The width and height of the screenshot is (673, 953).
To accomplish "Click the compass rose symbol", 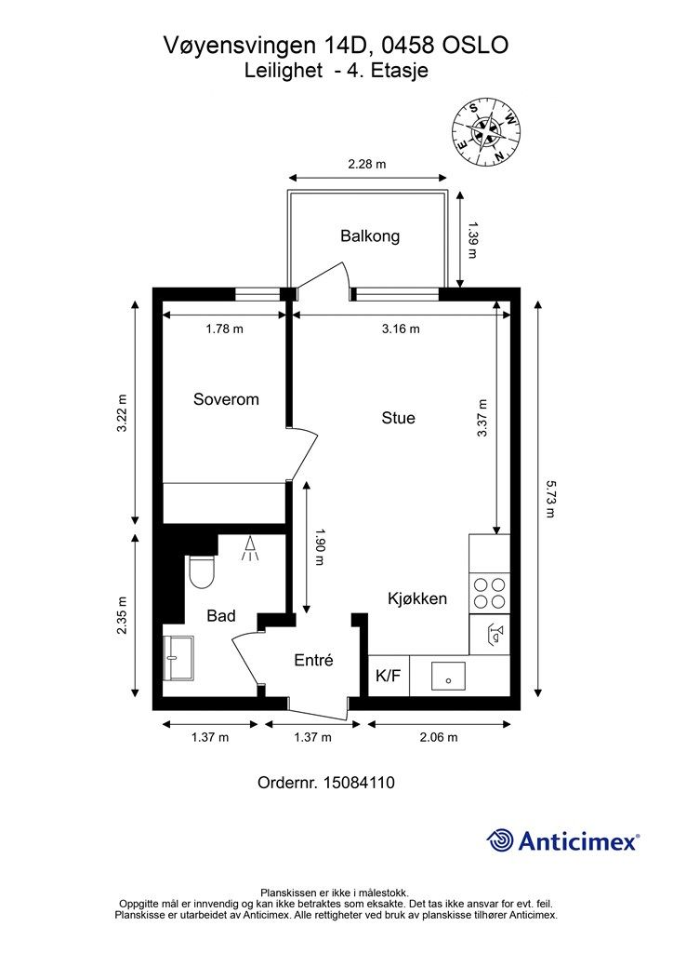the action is [x=487, y=133].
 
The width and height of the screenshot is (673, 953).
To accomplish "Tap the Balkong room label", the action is [x=370, y=235].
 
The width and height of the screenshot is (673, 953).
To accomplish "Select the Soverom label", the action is [x=226, y=399].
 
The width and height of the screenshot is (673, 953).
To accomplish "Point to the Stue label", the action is [x=398, y=418].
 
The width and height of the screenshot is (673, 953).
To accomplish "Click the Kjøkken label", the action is [x=417, y=598].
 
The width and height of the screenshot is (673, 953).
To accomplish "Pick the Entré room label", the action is [x=314, y=660].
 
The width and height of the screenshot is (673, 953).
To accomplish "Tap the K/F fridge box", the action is [x=389, y=676].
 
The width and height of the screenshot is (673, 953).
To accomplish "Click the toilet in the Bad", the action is [x=202, y=572].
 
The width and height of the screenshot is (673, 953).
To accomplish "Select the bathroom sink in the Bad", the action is [x=178, y=658].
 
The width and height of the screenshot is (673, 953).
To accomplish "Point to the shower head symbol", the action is [x=250, y=549].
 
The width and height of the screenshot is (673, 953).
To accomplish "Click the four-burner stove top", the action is [x=489, y=593].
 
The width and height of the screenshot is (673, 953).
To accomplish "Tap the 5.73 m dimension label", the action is [x=549, y=499].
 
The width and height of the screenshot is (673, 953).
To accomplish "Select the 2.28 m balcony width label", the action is [x=367, y=164].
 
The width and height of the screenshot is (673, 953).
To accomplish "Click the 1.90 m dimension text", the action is [x=321, y=547].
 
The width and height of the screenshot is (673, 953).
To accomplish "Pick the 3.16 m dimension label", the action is [x=401, y=329].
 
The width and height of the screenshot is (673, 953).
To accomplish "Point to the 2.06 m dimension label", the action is [x=439, y=737].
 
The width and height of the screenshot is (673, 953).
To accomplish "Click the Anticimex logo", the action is [x=562, y=841].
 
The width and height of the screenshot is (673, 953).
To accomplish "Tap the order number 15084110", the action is [x=359, y=782].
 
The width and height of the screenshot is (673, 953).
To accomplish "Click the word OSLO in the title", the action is [x=476, y=46].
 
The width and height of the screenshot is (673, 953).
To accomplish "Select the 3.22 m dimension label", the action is [x=123, y=413].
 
